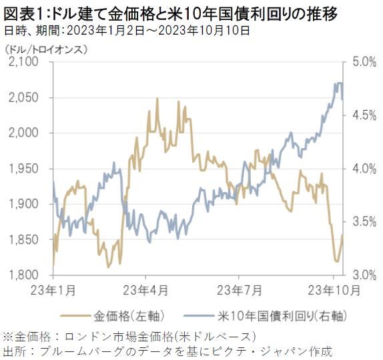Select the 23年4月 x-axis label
click(x=146, y=289)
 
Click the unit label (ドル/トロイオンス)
click(x=47, y=49)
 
